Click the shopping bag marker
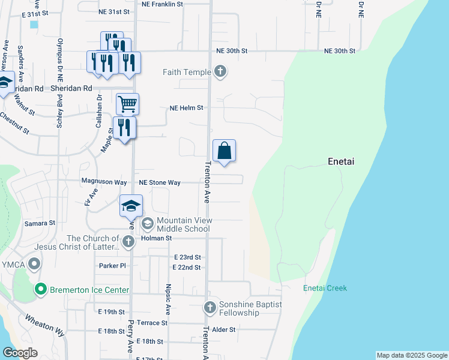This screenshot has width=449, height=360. point(224,151)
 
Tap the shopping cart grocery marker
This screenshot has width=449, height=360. point(127,104)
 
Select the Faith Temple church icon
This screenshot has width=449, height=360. point(220,72)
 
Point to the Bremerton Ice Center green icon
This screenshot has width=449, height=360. point(40,290)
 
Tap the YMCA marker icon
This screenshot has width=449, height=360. point(35,263)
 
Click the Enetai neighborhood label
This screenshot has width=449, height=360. point(343,161)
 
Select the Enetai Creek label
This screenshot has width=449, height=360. point(325,288)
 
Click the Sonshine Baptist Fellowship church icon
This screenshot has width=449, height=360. point(210,308)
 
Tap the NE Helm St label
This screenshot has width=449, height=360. point(187,108)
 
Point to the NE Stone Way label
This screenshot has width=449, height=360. point(160,182)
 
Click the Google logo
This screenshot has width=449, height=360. point(20,353)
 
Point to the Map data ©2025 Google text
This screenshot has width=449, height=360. point(411,355)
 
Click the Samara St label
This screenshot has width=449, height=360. point(40,223)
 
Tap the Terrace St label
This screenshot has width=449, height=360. point(151,323)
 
